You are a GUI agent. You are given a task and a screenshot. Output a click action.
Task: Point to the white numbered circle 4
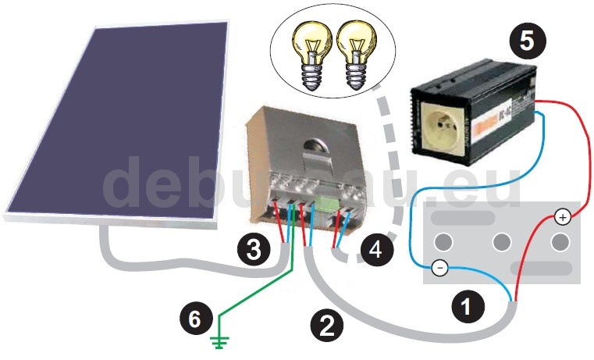point(375,251)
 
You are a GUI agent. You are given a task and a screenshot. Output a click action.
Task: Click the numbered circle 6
point(194,318)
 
